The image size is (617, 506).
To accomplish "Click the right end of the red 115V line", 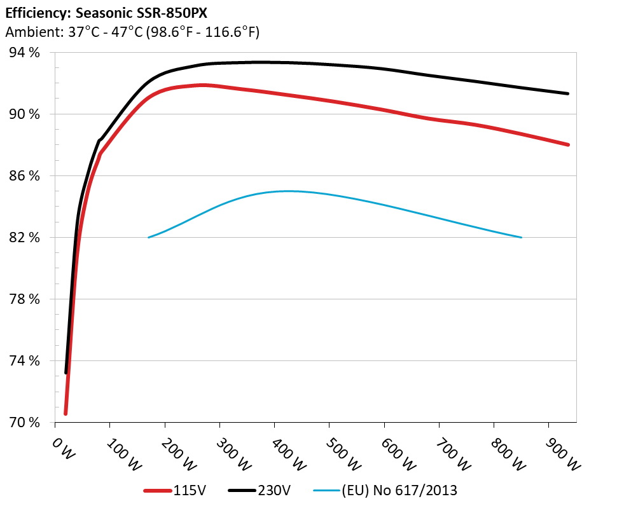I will pyautogui.click(x=568, y=145).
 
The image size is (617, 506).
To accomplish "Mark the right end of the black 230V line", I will pyautogui.click(x=568, y=93).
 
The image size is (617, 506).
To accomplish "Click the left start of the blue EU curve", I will pyautogui.click(x=149, y=237).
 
